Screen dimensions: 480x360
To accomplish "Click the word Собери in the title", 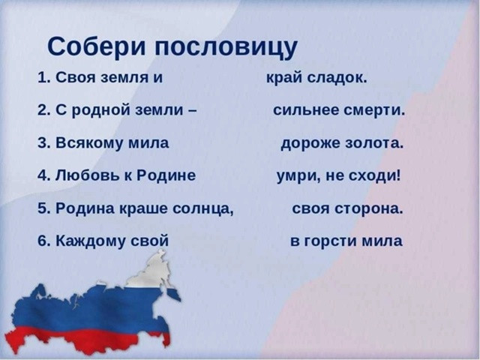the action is [97, 46].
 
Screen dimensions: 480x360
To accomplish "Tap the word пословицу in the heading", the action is [226, 48].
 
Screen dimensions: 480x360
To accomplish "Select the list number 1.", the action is [43, 77].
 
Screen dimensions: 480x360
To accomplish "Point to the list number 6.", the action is [43, 241].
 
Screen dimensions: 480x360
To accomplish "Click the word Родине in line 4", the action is [166, 175].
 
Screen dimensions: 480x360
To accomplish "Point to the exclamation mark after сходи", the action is [398, 175].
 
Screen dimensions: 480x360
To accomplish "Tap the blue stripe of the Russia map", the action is [91, 309].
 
